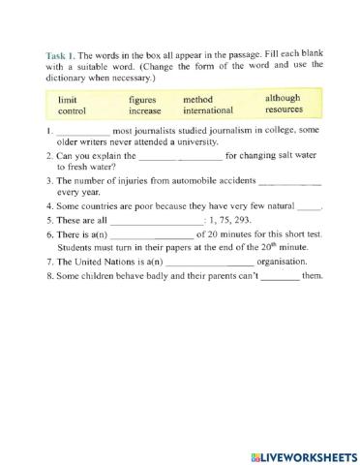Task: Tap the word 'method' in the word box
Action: tap(198, 99)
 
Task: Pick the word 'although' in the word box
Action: tap(283, 98)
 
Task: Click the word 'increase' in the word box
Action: tap(146, 111)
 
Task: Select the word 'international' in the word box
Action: tap(208, 111)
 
